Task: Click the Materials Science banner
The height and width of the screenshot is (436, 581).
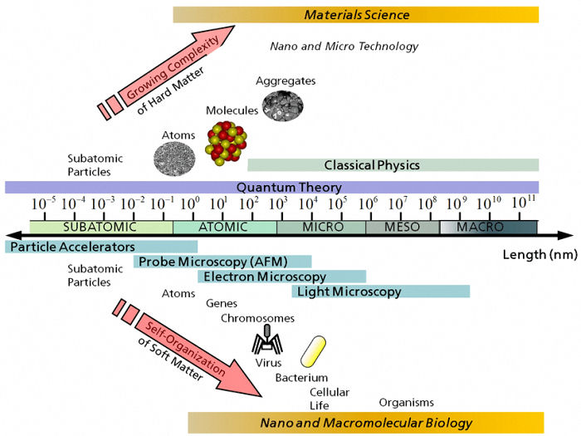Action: [x=356, y=14]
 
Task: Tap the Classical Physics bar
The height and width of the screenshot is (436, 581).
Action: [x=393, y=165]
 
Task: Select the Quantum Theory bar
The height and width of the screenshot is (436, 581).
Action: [x=271, y=187]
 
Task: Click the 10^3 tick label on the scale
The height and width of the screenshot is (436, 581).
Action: [x=278, y=203]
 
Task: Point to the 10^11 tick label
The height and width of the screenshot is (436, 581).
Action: [x=524, y=203]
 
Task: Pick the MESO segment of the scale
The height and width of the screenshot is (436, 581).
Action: [x=403, y=227]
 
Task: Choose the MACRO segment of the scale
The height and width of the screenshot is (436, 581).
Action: [x=488, y=227]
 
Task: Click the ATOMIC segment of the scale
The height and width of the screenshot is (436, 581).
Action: [x=225, y=227]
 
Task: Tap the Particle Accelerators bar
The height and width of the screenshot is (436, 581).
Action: [x=101, y=247]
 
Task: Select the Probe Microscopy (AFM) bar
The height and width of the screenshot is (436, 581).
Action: [x=222, y=262]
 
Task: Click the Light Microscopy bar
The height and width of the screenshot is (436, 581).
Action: [x=381, y=291]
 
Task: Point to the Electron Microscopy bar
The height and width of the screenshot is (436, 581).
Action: [x=281, y=277]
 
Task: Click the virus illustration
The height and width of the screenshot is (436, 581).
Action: [x=267, y=339]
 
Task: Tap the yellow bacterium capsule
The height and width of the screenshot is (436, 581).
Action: [x=313, y=351]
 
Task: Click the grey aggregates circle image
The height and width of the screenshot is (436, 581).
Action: [x=283, y=105]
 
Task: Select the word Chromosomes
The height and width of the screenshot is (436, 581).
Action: [x=257, y=318]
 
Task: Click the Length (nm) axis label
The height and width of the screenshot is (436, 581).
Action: [x=539, y=254]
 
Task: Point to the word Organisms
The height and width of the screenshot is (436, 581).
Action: [x=406, y=403]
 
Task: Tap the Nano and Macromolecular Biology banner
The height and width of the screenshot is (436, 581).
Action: [x=366, y=423]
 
